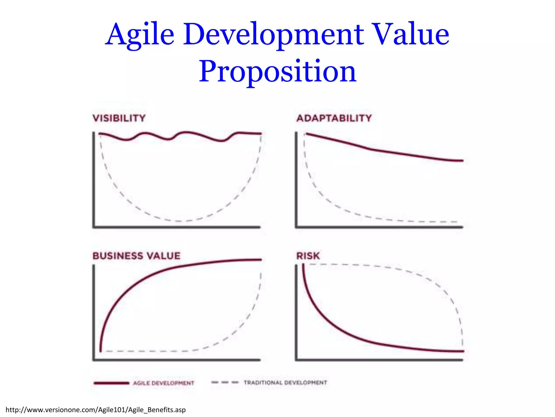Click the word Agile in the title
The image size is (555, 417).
140,35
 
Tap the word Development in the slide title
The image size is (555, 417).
273,35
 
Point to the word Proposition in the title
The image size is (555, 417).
277,71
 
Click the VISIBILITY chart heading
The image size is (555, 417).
119,118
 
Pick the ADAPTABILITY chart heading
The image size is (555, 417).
334,118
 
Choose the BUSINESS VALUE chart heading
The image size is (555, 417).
136,256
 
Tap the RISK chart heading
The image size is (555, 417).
308,256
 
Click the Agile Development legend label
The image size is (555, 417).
164,383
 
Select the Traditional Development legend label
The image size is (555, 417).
285,383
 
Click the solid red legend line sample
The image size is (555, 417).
111,383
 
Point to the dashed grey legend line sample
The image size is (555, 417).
225,383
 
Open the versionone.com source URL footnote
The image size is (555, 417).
96,410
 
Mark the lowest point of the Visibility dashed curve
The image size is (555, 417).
179,221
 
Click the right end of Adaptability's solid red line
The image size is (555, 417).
462,161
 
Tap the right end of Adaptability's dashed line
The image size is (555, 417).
456,222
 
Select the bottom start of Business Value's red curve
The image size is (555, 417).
101,351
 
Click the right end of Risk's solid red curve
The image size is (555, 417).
463,351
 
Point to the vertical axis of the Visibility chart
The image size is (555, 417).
94,179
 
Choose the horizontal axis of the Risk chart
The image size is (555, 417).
379,360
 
